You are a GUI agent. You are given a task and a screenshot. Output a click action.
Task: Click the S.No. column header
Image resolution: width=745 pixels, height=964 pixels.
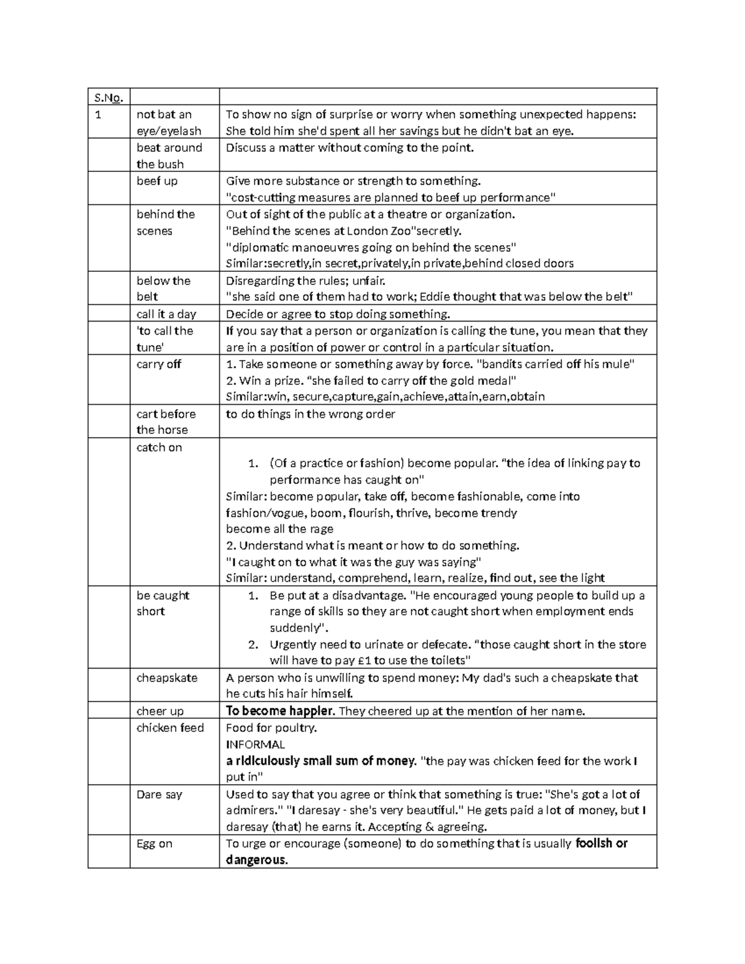click(109, 97)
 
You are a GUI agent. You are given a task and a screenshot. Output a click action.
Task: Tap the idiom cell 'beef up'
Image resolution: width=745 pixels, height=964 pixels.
click(156, 181)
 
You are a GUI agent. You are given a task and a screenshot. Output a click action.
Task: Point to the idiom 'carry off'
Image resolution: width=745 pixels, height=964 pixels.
click(158, 364)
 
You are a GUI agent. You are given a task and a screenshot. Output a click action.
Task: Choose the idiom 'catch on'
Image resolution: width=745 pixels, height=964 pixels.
click(159, 448)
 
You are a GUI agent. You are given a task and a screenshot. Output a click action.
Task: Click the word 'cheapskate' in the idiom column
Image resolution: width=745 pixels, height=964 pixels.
click(166, 678)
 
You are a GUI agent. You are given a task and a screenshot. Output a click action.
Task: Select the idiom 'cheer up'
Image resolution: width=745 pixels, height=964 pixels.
click(160, 711)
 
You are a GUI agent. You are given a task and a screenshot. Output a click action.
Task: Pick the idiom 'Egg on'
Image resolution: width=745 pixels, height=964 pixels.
click(154, 844)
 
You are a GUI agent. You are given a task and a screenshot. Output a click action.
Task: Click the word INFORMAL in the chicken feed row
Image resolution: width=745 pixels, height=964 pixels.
click(255, 744)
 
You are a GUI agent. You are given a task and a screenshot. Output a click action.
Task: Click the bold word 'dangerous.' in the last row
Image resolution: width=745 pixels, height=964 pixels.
click(257, 860)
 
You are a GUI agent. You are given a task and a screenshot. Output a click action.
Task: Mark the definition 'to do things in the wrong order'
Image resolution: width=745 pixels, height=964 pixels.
click(310, 414)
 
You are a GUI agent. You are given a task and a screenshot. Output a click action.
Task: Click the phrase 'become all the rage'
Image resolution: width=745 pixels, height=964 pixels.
click(279, 529)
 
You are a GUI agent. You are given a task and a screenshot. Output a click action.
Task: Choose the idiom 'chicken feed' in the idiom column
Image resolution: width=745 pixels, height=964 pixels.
click(169, 728)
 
